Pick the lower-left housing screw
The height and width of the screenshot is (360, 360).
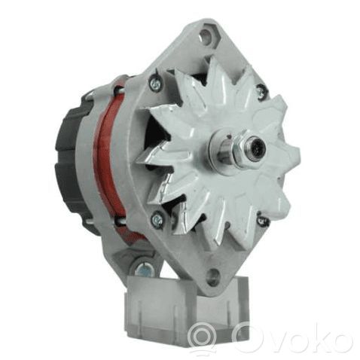(157, 219)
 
